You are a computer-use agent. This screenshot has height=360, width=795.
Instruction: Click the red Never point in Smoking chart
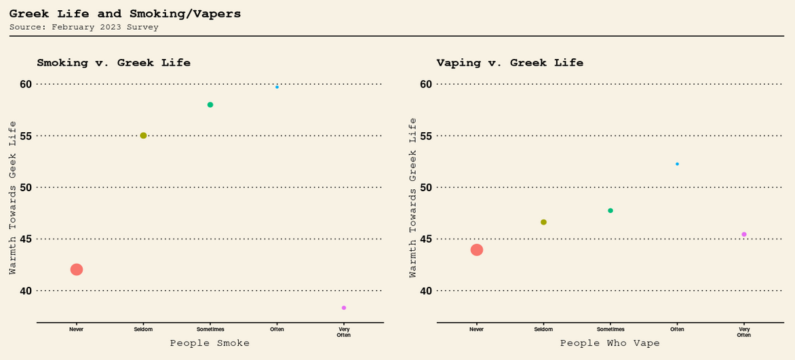tap(77, 270)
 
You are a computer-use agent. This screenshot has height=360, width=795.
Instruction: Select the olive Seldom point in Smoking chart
tap(143, 136)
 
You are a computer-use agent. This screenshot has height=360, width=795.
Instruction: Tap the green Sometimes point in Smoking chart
tap(210, 105)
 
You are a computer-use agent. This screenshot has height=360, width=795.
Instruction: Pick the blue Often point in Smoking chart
tap(277, 87)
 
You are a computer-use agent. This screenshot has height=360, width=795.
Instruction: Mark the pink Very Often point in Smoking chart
tap(344, 308)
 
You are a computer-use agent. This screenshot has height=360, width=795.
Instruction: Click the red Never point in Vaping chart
tap(477, 250)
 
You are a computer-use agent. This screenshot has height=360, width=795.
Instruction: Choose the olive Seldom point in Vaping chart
tap(543, 222)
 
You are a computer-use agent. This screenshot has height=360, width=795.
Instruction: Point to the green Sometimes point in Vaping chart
tap(610, 211)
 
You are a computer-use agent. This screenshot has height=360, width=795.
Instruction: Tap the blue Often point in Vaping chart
tap(677, 164)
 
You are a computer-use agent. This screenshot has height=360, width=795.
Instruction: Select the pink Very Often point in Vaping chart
tap(744, 235)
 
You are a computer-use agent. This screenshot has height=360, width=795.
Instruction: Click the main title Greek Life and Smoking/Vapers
tap(125, 14)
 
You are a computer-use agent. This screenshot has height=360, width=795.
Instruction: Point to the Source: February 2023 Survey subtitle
tap(84, 27)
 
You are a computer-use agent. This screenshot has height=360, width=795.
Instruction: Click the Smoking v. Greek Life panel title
tap(113, 62)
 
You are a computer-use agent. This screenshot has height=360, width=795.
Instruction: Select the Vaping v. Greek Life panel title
tap(509, 62)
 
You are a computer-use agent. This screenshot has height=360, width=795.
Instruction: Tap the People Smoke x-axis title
tap(210, 343)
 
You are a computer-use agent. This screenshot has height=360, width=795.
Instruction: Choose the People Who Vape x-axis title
tap(610, 343)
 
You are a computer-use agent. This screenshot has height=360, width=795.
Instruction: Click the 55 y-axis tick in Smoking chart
tap(26, 136)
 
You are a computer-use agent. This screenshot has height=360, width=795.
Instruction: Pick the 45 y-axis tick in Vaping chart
tap(426, 239)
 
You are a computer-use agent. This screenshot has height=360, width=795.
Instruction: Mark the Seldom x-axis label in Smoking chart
tap(143, 329)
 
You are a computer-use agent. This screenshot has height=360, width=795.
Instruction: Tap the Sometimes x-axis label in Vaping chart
tap(610, 329)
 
